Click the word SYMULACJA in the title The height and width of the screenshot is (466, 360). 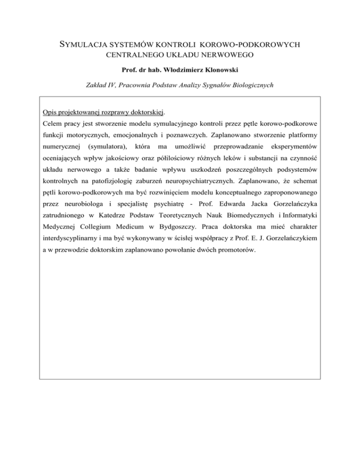click(85, 45)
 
